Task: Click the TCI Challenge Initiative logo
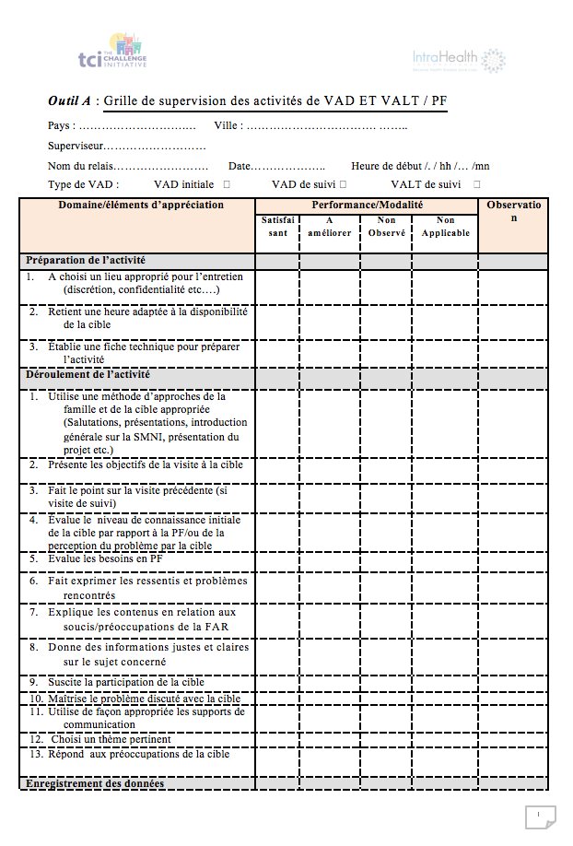(112, 53)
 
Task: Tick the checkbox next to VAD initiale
(227, 185)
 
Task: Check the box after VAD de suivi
(343, 185)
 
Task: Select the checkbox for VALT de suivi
(476, 185)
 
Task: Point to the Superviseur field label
(75, 146)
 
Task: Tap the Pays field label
(61, 125)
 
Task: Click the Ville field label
(228, 125)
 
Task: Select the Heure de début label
(385, 166)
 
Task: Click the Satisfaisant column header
(277, 227)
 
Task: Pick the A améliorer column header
(329, 227)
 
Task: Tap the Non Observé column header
(387, 227)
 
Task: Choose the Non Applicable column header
(445, 227)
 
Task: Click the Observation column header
(514, 211)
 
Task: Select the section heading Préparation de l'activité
(86, 261)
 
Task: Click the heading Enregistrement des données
(95, 783)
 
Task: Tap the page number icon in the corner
(539, 816)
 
